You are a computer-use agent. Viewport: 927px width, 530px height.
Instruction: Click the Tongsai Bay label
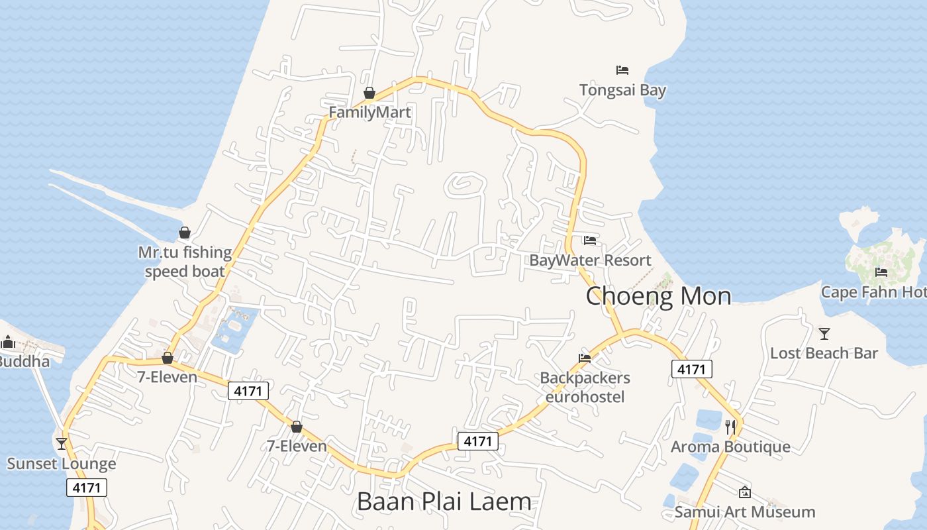point(622,89)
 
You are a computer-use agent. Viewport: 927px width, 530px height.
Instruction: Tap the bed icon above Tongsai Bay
point(622,70)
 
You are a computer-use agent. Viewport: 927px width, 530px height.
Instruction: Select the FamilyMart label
point(369,112)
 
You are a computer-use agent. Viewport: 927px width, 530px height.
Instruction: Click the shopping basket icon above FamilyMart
point(369,93)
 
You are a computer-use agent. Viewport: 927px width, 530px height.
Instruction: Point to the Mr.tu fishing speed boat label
point(185,262)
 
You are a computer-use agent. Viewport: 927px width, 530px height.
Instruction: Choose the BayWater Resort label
point(590,260)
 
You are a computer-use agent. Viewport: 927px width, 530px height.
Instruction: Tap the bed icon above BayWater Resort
point(589,240)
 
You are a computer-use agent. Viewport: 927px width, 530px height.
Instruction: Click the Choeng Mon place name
point(658,295)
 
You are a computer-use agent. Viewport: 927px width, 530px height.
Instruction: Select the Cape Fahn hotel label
point(873,291)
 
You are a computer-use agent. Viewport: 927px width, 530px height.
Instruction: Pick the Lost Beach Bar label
point(824,353)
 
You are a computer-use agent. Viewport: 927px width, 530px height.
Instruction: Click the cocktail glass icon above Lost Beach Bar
point(824,333)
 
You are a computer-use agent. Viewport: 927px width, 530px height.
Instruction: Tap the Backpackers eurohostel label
point(585,387)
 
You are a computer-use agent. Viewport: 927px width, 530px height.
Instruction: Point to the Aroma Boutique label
point(730,447)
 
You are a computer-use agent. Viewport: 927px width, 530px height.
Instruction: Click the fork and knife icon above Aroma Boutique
point(730,427)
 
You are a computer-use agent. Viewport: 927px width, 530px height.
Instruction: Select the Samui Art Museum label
point(745,511)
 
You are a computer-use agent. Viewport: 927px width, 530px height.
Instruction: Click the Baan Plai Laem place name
point(444,502)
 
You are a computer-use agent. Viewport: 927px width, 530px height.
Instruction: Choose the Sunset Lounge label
point(62,463)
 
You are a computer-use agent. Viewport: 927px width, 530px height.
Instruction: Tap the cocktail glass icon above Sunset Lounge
point(62,443)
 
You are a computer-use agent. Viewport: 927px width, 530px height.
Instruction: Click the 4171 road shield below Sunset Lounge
point(87,488)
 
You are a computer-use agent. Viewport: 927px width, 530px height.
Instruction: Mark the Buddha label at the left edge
point(24,361)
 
